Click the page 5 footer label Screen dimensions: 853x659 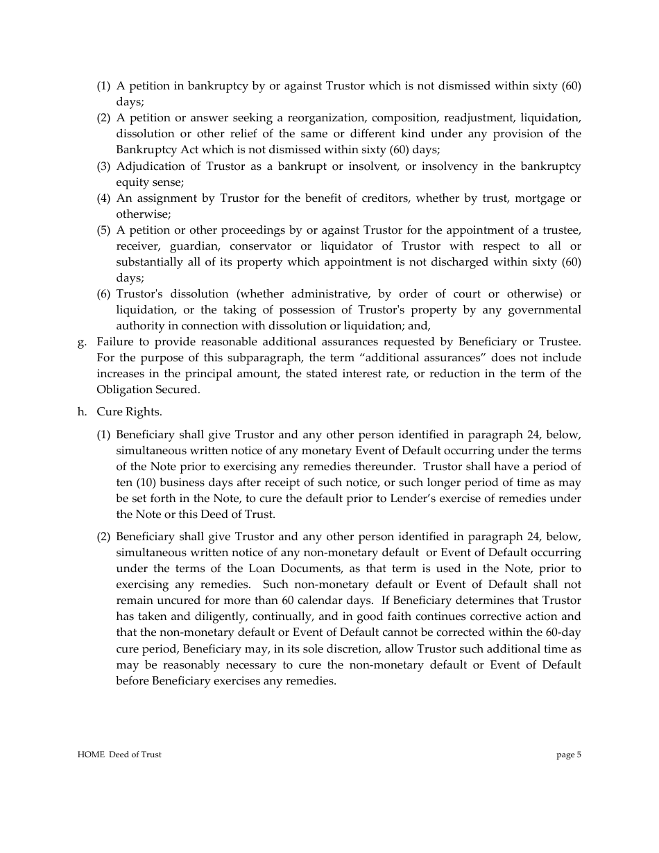point(569,755)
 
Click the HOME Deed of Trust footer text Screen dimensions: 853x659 point(119,755)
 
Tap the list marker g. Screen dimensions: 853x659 point(82,342)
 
